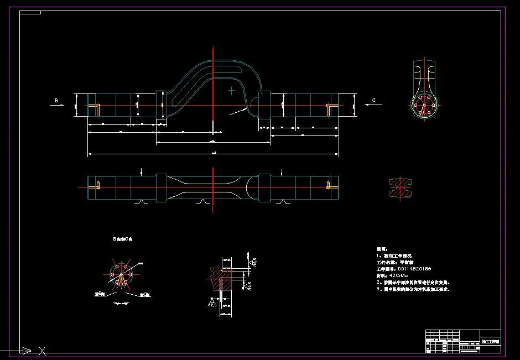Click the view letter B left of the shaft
click(56, 100)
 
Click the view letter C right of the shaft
click(374, 100)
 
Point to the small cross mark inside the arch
click(231, 89)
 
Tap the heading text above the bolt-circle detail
click(122, 239)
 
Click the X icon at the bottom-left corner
click(42, 350)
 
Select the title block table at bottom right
click(462, 341)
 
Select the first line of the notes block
click(382, 249)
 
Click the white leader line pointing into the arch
click(238, 111)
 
